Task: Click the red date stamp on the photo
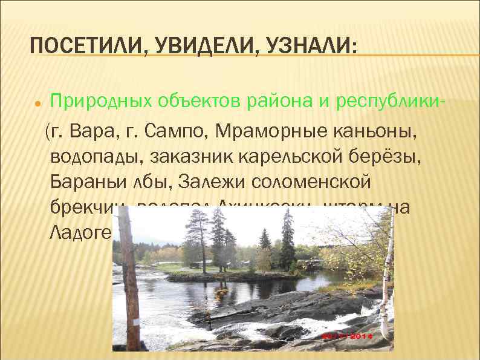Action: click(x=349, y=335)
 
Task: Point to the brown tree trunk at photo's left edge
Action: click(x=128, y=272)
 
